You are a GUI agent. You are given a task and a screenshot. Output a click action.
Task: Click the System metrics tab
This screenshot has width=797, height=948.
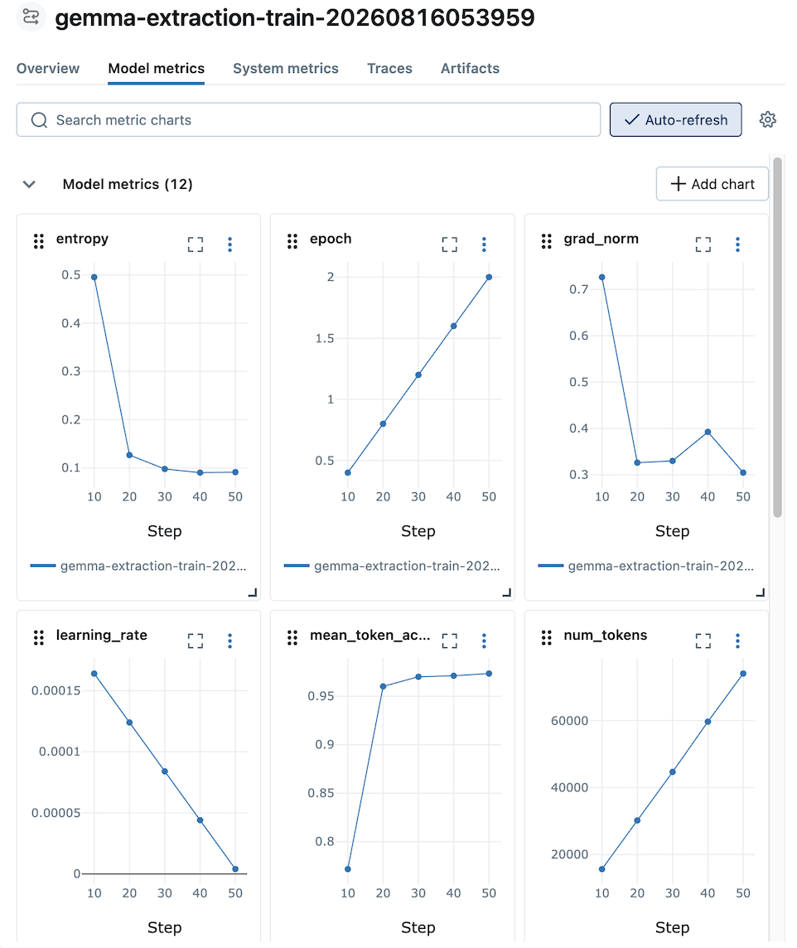click(x=285, y=68)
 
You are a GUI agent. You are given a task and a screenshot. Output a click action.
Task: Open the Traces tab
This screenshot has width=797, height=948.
click(x=389, y=68)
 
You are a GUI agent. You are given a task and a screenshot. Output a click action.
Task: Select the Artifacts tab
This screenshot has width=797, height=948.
click(x=470, y=68)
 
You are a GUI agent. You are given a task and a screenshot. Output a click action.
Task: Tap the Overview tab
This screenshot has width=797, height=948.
click(x=48, y=68)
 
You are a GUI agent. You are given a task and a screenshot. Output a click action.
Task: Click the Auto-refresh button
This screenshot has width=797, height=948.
click(x=675, y=119)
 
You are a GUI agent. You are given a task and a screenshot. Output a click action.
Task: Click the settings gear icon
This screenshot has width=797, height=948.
click(x=767, y=119)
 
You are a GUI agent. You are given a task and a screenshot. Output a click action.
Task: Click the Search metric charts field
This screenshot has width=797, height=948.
click(x=308, y=119)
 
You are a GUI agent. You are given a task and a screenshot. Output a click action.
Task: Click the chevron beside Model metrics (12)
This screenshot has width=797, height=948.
click(x=29, y=185)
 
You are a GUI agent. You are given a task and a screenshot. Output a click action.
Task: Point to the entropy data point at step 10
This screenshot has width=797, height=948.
click(x=94, y=278)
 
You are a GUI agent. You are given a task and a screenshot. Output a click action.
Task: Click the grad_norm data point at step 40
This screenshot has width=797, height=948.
click(x=708, y=433)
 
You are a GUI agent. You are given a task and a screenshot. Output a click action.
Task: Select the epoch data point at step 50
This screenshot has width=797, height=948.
click(x=489, y=278)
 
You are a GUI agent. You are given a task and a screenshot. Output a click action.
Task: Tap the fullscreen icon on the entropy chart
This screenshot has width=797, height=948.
click(x=196, y=244)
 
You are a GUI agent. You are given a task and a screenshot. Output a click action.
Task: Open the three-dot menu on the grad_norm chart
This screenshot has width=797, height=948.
click(x=737, y=244)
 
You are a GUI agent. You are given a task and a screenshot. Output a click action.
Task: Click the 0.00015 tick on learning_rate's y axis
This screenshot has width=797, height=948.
click(x=56, y=690)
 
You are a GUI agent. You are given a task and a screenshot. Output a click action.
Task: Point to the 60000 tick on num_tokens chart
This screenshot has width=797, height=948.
click(x=569, y=721)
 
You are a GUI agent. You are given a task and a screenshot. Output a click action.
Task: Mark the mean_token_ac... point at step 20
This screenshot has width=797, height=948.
click(x=383, y=687)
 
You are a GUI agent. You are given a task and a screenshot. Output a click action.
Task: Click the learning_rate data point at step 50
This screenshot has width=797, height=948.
click(x=235, y=869)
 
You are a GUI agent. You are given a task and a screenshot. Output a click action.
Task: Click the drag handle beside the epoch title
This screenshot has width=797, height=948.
click(x=292, y=241)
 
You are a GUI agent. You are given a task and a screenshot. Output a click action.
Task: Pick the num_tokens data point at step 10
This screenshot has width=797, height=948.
click(x=601, y=869)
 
